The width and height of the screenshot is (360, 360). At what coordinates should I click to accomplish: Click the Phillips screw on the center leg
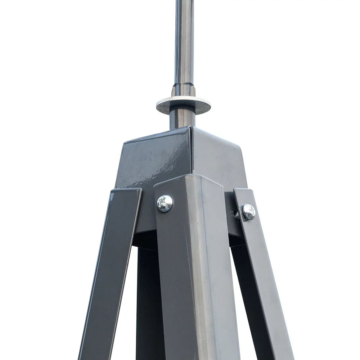pos(165,203)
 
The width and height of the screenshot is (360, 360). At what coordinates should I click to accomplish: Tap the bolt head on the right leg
pos(248,212)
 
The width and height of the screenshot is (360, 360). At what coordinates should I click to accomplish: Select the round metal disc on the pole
pos(183,105)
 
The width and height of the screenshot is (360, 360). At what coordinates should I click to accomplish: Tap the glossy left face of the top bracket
pos(155,158)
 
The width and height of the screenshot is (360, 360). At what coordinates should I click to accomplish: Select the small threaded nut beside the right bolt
pos(237,215)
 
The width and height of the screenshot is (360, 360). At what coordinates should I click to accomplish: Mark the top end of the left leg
pos(126,193)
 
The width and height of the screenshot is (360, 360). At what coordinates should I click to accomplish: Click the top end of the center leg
pos(187,180)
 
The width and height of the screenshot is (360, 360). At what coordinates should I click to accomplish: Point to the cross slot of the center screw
pos(165,203)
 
